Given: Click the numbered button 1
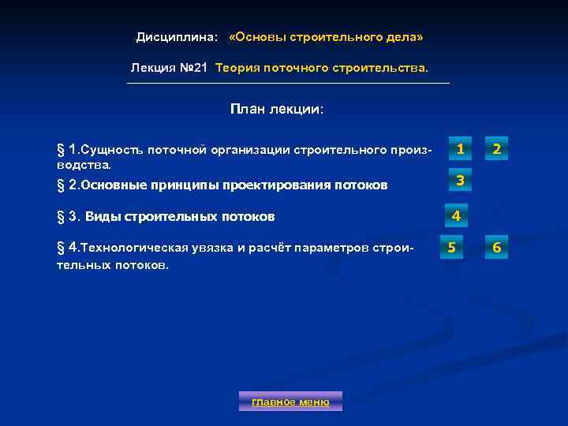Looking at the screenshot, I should [x=459, y=148].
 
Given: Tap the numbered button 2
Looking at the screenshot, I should [x=497, y=148].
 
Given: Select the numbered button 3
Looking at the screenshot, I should [x=459, y=181].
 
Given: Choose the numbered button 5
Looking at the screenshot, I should [x=451, y=248].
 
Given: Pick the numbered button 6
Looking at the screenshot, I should [x=497, y=248].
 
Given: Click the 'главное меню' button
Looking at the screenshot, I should [x=290, y=402].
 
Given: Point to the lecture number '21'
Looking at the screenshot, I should [x=200, y=68].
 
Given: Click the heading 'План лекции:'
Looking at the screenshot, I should [x=277, y=109].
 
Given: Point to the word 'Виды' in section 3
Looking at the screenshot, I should [x=103, y=216].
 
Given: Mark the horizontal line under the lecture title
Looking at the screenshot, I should [x=289, y=83].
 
